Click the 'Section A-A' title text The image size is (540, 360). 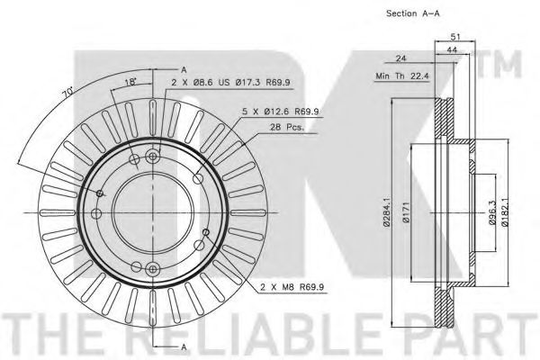coord(413,13)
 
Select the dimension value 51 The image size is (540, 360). coord(455,37)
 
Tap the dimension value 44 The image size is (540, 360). coord(452,50)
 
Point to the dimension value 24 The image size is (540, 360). coord(400,58)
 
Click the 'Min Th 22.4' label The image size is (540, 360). coord(402,76)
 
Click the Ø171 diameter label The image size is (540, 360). coord(406,213)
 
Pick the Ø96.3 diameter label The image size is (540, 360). coord(492,213)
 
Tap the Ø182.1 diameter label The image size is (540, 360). coord(505,213)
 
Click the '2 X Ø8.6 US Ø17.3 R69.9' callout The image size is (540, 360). coord(230,83)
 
